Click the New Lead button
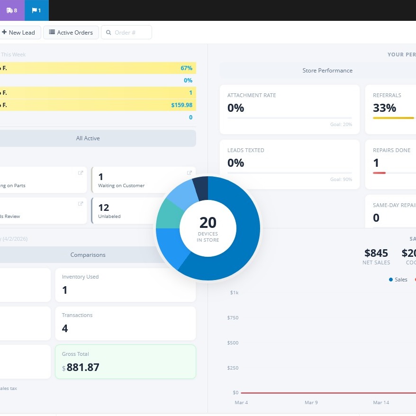(x=19, y=32)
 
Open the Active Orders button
(x=71, y=32)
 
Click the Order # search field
(x=127, y=32)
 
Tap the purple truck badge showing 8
(x=12, y=10)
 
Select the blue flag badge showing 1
(x=36, y=10)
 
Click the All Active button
(x=88, y=138)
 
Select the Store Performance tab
(x=327, y=71)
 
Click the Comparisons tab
(x=88, y=255)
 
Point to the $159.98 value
(x=181, y=105)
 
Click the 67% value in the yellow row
(x=186, y=68)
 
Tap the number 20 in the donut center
(x=208, y=222)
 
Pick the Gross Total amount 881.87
(x=83, y=367)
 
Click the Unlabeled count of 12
(x=104, y=207)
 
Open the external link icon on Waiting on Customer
(x=190, y=173)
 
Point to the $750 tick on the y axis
(x=233, y=317)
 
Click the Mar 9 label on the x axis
(x=311, y=402)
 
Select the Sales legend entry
(x=398, y=280)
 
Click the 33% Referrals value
(x=384, y=108)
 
